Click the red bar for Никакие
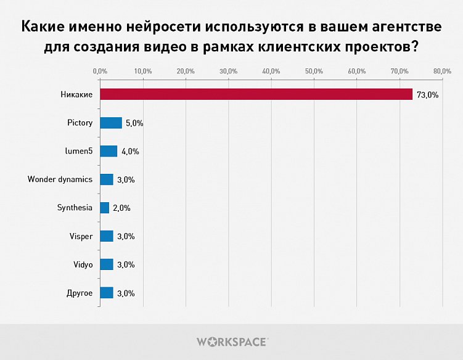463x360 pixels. pos(256,94)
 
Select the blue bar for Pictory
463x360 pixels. pos(111,123)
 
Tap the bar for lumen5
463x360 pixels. pos(109,151)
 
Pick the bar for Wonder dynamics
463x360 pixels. pos(107,179)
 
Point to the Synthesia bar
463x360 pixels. pos(105,208)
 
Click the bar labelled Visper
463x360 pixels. pos(107,236)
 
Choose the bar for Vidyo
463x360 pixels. pos(107,264)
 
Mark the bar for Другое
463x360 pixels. pos(107,293)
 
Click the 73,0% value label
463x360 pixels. pos(427,95)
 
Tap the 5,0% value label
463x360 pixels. pos(134,123)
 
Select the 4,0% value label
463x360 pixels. pos(129,152)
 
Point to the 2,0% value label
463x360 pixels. pos(121,208)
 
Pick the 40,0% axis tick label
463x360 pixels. pos(271,72)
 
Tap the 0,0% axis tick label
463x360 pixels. pos(100,72)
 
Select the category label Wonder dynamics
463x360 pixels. pos(60,179)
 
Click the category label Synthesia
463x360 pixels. pos(75,208)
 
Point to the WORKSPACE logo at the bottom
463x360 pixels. pos(232,341)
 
